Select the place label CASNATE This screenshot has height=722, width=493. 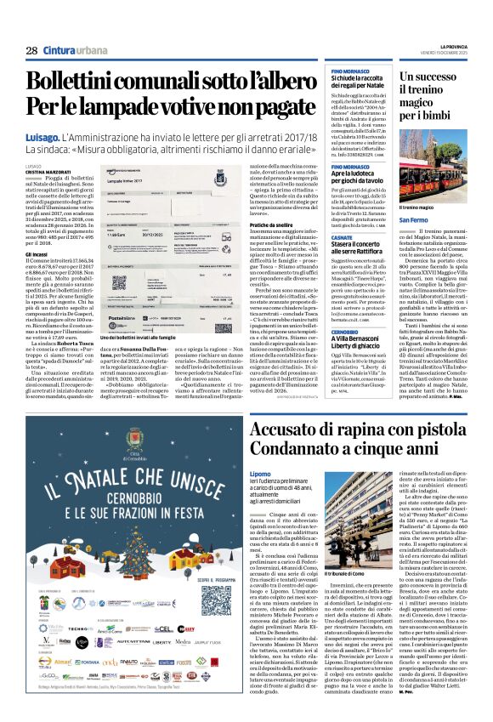[342, 239]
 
